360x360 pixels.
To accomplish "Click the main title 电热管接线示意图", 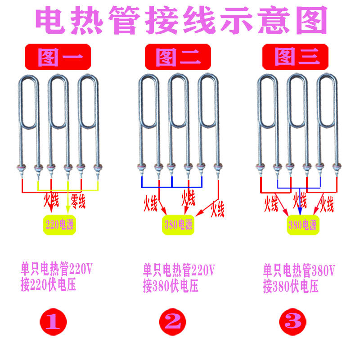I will point(180,20).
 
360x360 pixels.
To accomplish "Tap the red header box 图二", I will point(177,57).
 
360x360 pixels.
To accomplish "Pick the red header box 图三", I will point(297,57).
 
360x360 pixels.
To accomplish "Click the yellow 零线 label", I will point(78,201).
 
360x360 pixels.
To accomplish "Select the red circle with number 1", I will point(54,321).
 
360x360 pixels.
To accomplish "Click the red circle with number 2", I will point(173,321).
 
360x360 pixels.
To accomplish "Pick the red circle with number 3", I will point(293,321).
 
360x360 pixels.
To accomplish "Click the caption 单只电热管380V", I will point(299,270).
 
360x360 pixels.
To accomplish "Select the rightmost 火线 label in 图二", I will point(217,208).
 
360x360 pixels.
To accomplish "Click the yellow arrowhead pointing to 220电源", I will point(68,208).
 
